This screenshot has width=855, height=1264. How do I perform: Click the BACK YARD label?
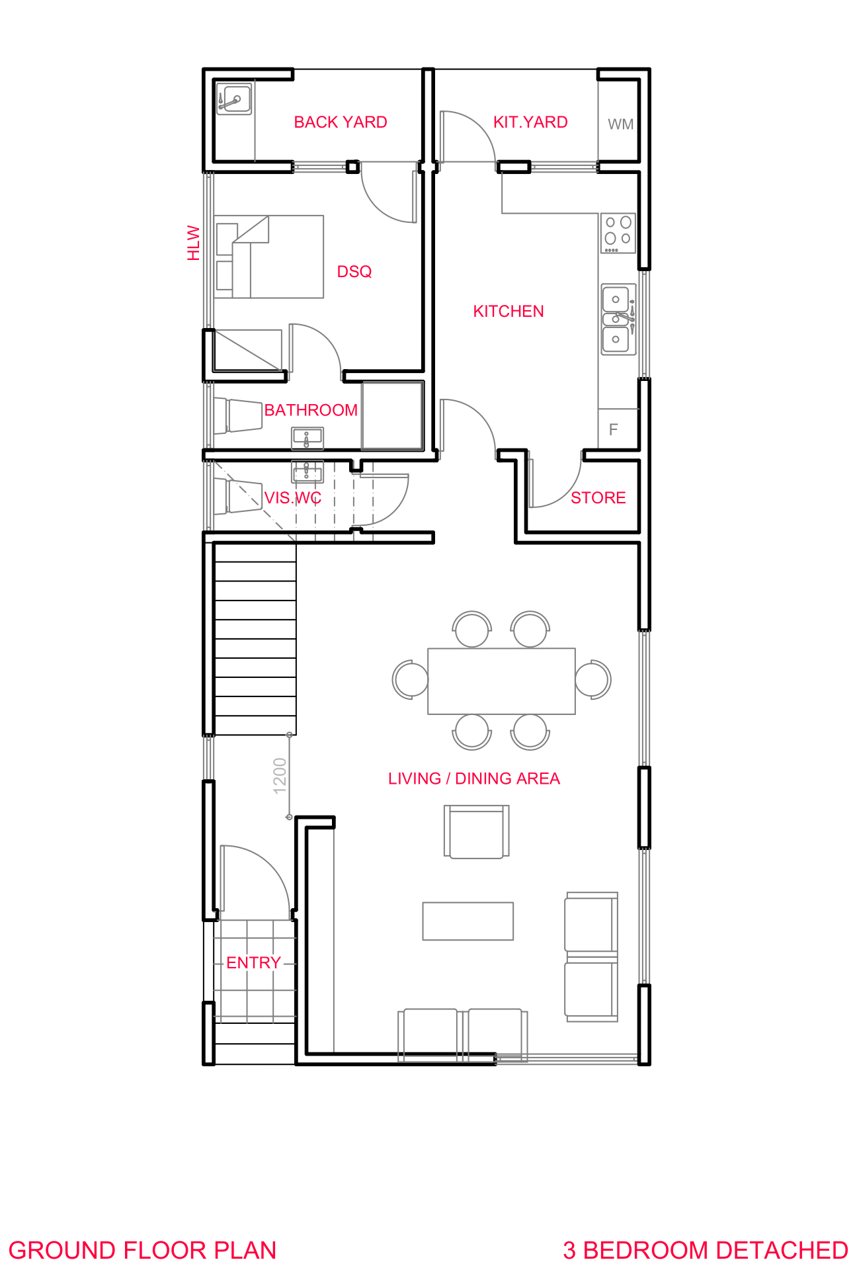(x=341, y=122)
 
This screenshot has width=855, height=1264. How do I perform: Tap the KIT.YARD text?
(x=530, y=122)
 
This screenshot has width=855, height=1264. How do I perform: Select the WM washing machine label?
(x=620, y=124)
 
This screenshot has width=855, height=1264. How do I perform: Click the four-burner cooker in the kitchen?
(x=618, y=233)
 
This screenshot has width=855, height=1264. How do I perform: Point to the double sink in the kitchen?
(x=618, y=319)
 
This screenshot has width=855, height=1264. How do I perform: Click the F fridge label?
(x=614, y=430)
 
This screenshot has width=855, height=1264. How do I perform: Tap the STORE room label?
(x=598, y=498)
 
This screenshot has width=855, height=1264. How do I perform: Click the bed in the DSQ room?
(x=269, y=257)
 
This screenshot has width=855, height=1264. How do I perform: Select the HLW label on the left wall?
(x=193, y=243)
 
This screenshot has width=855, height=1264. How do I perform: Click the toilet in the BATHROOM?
(x=237, y=415)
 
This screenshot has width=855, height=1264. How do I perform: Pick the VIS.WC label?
(x=293, y=498)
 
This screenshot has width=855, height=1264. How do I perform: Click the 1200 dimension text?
(x=280, y=776)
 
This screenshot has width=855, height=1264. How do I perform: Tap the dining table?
(x=502, y=681)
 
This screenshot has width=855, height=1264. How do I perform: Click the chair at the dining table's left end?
(x=411, y=679)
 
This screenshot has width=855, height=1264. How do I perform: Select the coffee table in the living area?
(x=468, y=921)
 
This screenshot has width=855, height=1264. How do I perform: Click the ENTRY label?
(x=254, y=963)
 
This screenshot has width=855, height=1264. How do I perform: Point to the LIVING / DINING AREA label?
(x=474, y=779)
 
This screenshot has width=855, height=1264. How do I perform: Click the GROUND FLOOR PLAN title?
(x=143, y=1251)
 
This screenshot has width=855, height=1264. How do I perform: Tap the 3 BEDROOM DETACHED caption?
(x=706, y=1251)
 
